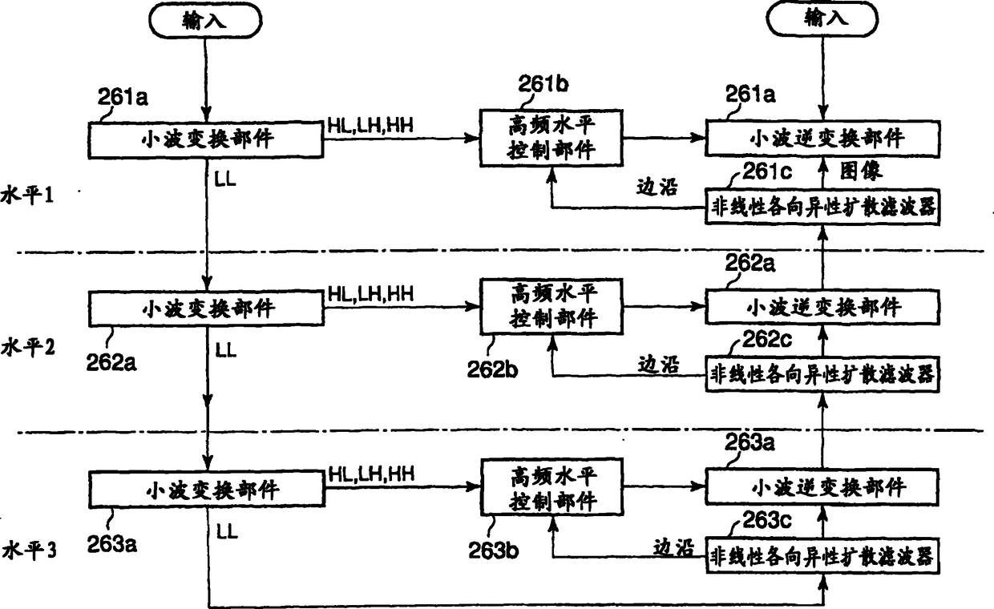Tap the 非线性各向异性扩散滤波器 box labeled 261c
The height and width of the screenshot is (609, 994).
click(x=822, y=208)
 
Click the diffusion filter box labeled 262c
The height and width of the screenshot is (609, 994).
click(x=822, y=373)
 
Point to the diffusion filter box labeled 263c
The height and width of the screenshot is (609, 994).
click(x=822, y=557)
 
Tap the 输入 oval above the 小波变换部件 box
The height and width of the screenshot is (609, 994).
click(x=207, y=20)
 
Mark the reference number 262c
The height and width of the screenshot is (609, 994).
click(x=762, y=339)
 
